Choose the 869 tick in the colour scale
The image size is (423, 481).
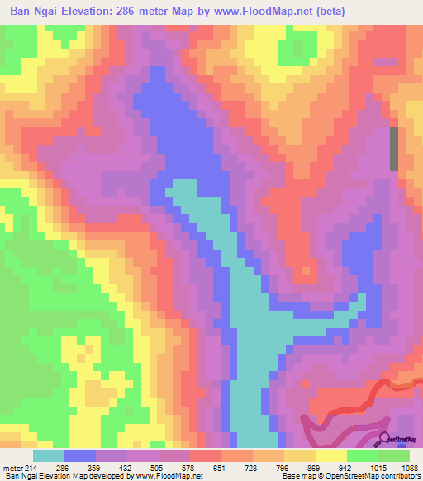288,468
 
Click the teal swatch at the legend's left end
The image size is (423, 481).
48,455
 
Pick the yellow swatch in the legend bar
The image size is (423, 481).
331,455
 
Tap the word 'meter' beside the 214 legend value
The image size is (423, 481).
14,468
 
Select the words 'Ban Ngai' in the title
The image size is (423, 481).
30,11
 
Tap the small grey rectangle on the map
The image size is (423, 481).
394,150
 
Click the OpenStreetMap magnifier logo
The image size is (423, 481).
386,438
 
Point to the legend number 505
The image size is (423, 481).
168,468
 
